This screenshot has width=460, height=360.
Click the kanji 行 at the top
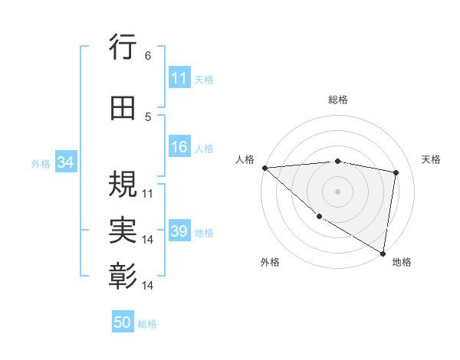pos(123,48)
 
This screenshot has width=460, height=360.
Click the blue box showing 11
pos(179,78)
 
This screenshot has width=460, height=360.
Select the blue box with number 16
pos(179,147)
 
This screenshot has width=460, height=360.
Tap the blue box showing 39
pos(179,231)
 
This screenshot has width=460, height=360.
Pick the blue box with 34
pos(64,162)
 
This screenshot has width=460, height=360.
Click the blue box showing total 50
pos(123,322)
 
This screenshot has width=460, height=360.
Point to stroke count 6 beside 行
pos(148,56)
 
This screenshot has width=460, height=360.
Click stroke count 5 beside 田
pos(148,117)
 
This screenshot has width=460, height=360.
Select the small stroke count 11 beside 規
pos(148,193)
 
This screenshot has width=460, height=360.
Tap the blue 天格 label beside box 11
pos(204,79)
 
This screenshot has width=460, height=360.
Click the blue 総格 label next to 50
pos(147,324)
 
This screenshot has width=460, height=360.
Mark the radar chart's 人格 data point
pos(264,168)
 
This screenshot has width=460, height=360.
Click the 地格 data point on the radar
pos(383,253)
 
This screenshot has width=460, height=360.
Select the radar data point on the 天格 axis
pos(396,172)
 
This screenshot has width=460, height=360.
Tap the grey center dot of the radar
pos(337,191)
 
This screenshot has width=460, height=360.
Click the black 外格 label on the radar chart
pos(269,262)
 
